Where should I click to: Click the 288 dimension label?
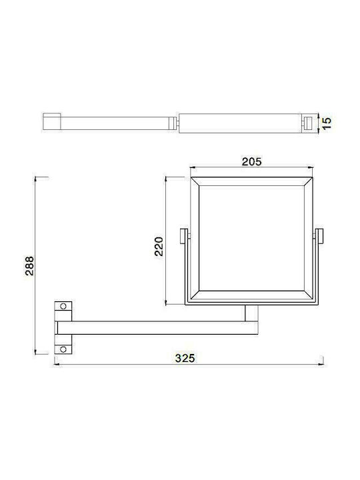(30, 266)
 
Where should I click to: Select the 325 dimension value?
(185, 358)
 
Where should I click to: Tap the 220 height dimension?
(159, 246)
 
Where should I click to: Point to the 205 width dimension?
(251, 161)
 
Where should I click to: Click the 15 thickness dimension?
(327, 123)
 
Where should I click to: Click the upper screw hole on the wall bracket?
(63, 306)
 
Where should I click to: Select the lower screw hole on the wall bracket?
(63, 349)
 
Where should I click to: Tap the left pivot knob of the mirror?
(184, 236)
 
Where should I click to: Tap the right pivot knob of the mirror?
(319, 236)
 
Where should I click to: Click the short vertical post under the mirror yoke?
(251, 313)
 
